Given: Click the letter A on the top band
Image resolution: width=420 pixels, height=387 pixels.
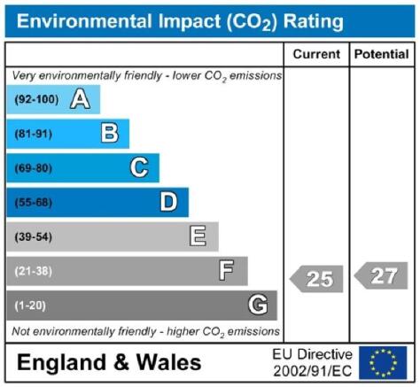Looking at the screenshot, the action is (81, 99).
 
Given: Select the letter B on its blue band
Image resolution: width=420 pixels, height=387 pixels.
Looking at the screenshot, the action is (110, 134).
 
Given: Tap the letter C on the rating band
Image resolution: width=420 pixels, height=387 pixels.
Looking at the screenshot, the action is (139, 167).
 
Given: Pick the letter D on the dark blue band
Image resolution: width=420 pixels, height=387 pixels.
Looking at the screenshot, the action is (168, 202).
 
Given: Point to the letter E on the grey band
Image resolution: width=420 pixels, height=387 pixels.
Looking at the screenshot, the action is (198, 236).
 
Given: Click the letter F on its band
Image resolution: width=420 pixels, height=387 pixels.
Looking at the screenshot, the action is (226, 270).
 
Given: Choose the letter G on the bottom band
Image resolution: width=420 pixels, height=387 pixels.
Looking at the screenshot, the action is (258, 305).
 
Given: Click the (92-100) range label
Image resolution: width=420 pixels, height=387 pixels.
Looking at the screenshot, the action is (36, 99).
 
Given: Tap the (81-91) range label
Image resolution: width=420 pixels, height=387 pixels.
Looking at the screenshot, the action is (34, 134).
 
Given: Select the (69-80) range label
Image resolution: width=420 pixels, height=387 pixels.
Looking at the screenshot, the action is (34, 168).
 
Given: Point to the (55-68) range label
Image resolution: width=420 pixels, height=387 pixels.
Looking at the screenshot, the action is (34, 203).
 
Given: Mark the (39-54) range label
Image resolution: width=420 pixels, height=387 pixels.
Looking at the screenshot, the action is (34, 236).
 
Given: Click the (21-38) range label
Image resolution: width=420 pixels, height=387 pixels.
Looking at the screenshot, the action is (34, 271).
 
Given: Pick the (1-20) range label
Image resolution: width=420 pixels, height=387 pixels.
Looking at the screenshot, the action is (30, 306).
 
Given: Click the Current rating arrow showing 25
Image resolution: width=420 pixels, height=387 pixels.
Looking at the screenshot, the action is (316, 279).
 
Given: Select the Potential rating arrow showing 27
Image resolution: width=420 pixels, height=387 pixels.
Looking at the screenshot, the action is (381, 275).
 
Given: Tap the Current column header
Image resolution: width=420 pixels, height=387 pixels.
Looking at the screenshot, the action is (316, 54).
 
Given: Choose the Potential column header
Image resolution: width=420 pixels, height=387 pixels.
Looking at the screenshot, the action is (382, 54).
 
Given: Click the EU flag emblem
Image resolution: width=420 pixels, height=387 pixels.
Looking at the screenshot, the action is (383, 363).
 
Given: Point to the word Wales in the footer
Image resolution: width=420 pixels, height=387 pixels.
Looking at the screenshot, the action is (168, 362).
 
